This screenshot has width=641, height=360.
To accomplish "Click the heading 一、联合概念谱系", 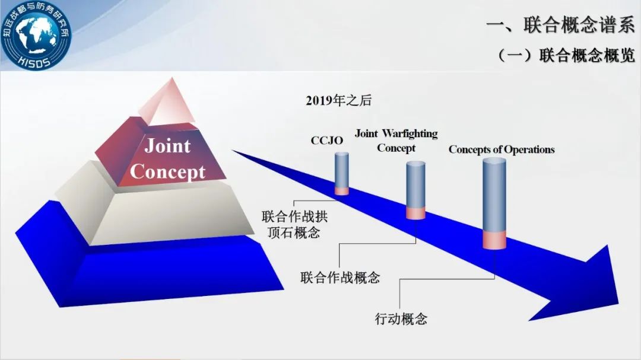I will (x=560, y=25).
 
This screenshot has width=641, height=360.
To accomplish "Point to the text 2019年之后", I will (x=338, y=100).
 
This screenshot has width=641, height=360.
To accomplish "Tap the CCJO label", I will (x=326, y=141).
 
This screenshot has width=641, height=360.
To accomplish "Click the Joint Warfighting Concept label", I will (x=396, y=141).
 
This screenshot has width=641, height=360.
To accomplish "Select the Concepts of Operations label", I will (x=502, y=149).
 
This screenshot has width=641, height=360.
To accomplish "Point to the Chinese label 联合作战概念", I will (x=340, y=277).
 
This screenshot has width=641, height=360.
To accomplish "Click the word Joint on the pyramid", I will (x=167, y=145).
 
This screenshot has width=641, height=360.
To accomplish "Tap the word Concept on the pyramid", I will (x=167, y=171).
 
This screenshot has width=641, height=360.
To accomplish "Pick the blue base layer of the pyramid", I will (x=148, y=273).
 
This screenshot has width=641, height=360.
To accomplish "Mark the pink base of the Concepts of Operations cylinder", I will (x=494, y=240).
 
